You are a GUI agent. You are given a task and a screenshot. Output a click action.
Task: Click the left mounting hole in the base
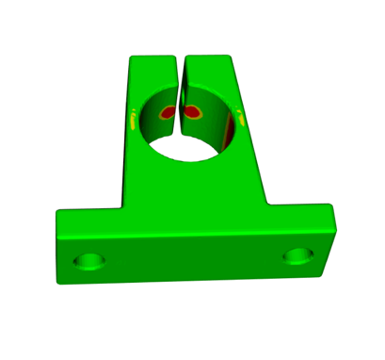click(91, 259)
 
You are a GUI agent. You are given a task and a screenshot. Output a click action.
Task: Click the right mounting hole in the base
click(297, 255)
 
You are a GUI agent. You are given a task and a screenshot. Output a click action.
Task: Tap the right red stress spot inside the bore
click(193, 112)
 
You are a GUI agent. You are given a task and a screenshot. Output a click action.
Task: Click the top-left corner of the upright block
click(131, 58)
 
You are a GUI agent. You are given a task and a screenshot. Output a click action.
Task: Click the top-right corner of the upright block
click(231, 58)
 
